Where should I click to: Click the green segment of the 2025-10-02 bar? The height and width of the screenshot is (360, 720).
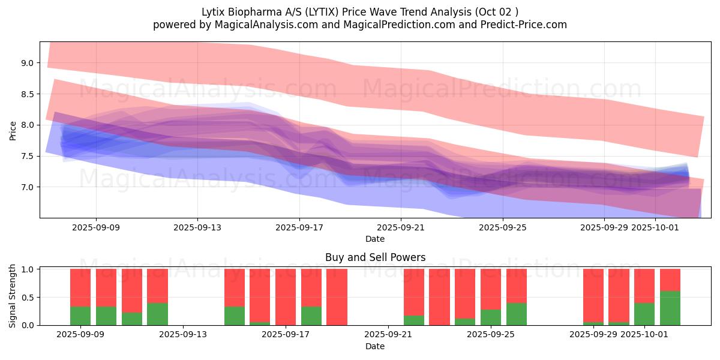(670, 308)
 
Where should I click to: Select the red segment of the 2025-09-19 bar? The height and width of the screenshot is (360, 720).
(337, 296)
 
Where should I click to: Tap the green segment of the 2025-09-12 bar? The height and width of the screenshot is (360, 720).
(157, 314)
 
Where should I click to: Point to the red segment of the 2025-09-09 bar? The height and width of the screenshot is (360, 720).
(80, 287)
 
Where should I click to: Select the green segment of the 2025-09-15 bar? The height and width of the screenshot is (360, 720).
(235, 316)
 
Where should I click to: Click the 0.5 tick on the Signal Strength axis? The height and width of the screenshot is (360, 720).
(29, 298)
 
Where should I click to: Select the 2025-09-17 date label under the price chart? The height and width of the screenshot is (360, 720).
(299, 227)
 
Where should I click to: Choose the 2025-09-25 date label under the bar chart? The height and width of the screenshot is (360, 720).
(491, 335)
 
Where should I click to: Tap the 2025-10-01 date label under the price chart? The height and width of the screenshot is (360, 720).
(656, 227)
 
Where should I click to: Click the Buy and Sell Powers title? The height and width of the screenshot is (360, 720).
(375, 257)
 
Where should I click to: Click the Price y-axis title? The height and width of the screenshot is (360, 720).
(13, 130)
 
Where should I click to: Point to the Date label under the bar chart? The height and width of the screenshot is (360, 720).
(375, 346)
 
